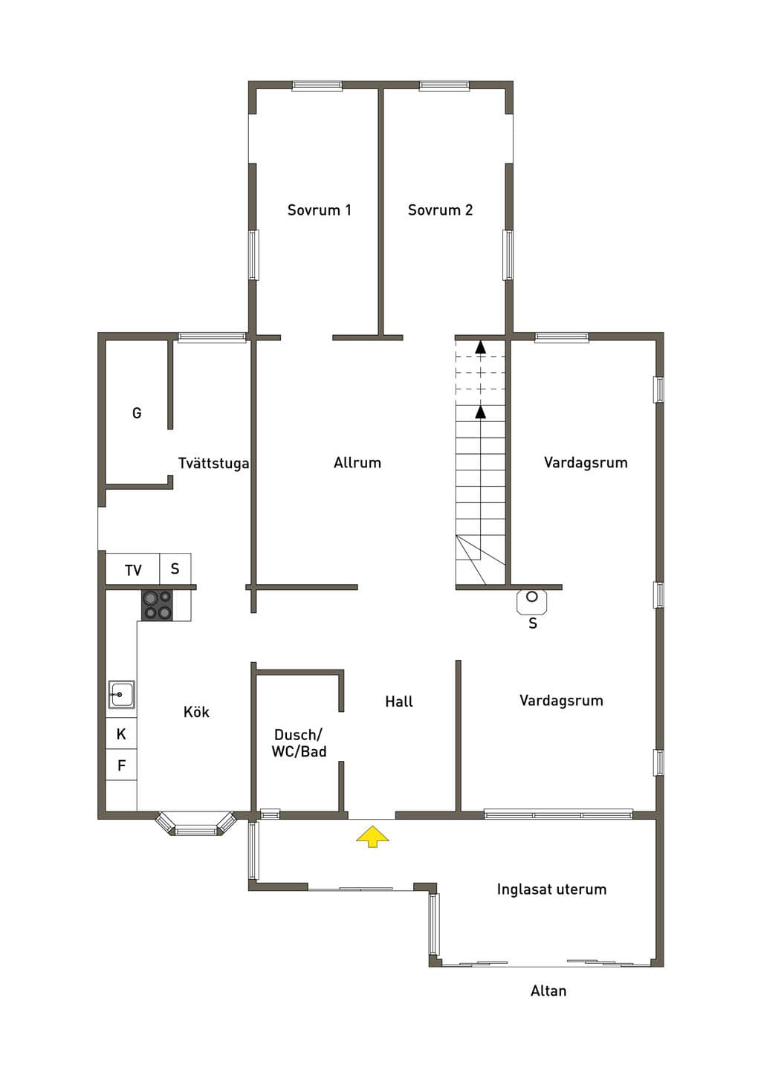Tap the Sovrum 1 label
tap(319, 210)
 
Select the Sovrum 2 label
tap(440, 210)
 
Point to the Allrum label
tap(357, 463)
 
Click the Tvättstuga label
tap(214, 463)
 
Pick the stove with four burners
tap(157, 605)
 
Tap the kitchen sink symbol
tap(121, 694)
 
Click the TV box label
tap(133, 570)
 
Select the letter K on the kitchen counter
tap(121, 734)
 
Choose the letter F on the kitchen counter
tap(122, 765)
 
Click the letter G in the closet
tap(137, 412)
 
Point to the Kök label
tap(196, 711)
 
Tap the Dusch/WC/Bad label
tap(299, 743)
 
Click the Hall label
tap(399, 701)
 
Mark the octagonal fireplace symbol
tap(532, 602)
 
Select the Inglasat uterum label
tap(551, 889)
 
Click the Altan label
tap(548, 991)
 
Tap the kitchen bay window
tap(195, 823)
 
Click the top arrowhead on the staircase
tap(480, 347)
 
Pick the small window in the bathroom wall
tap(270, 814)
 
